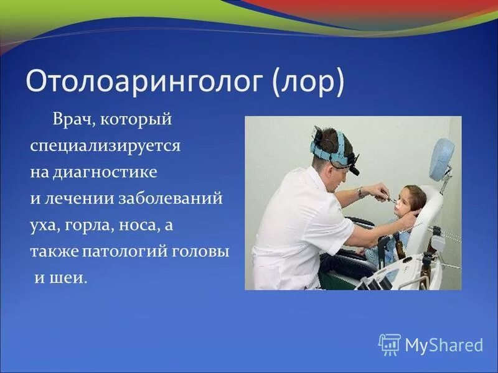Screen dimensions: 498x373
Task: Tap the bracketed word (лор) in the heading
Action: pos(308,83)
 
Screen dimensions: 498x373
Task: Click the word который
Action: pos(136,120)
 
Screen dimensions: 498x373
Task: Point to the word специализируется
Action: pos(105,147)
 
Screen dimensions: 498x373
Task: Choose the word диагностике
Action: pos(105,173)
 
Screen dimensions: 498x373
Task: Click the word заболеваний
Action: pos(171,199)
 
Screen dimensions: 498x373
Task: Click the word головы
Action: pos(200,252)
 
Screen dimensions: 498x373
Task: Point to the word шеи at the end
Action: pos(68,279)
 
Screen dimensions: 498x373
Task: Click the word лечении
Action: pos(80,199)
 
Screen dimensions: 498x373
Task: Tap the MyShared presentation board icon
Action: pos(390,344)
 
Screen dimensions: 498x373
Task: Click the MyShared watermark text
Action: pos(444,344)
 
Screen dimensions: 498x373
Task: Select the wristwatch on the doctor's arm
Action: pos(360,193)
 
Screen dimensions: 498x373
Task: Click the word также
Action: pos(54,252)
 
